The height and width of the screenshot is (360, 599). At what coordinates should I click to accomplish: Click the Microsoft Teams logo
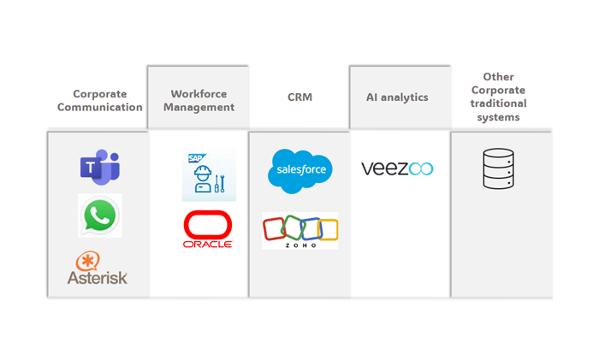click(x=99, y=167)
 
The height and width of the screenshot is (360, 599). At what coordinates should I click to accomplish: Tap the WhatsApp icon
click(x=99, y=215)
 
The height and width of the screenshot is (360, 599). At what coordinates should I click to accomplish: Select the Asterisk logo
click(x=98, y=268)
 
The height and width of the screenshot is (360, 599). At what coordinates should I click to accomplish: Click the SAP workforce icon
click(x=208, y=175)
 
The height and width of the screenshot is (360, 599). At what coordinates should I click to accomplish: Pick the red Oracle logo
click(x=208, y=229)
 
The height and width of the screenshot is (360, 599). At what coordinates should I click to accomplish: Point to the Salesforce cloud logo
click(x=299, y=170)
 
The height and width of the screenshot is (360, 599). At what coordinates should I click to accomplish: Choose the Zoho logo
click(x=299, y=231)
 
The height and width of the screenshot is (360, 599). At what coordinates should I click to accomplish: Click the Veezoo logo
click(x=397, y=168)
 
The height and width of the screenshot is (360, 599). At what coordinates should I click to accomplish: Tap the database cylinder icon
click(x=498, y=168)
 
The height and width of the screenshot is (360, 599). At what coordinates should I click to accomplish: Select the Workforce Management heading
click(x=202, y=101)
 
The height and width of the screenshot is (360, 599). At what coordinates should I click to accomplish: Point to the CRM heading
click(x=299, y=97)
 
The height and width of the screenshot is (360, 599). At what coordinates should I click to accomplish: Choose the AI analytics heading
click(x=396, y=97)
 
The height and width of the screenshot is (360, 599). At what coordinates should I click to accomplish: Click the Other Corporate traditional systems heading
click(x=499, y=97)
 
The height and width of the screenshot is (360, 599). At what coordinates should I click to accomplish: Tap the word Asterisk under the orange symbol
click(x=98, y=277)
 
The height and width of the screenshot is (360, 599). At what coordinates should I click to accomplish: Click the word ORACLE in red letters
click(x=208, y=244)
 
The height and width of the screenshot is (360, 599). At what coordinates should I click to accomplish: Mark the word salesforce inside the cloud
click(x=299, y=170)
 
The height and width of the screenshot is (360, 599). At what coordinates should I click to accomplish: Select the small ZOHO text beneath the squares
click(x=300, y=245)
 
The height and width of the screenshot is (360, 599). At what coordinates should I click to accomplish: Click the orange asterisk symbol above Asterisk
click(x=88, y=260)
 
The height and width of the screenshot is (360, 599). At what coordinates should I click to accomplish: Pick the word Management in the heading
click(x=202, y=108)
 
